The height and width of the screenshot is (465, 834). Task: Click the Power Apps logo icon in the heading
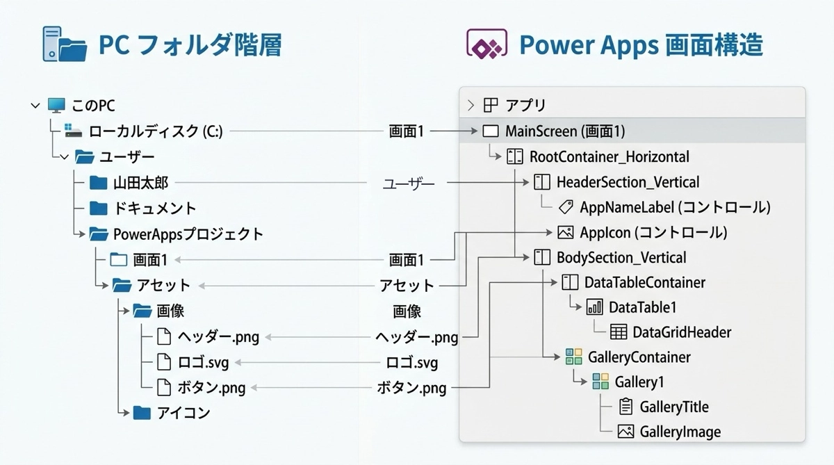pyautogui.click(x=484, y=47)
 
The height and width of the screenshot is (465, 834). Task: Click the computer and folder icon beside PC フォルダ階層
pyautogui.click(x=65, y=45)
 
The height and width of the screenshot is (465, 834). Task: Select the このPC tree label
pyautogui.click(x=93, y=106)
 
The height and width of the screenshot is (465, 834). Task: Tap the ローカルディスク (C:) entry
pyautogui.click(x=156, y=131)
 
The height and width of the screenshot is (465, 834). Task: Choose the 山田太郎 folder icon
pyautogui.click(x=99, y=183)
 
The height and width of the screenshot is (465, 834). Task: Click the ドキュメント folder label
pyautogui.click(x=155, y=208)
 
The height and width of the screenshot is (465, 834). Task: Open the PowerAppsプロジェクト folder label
pyautogui.click(x=188, y=234)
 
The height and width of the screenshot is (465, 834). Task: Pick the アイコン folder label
pyautogui.click(x=173, y=413)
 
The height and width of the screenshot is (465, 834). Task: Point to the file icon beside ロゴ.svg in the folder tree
pyautogui.click(x=163, y=362)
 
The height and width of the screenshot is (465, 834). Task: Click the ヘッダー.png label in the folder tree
pyautogui.click(x=218, y=337)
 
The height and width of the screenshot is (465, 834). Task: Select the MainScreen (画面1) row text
pyautogui.click(x=565, y=131)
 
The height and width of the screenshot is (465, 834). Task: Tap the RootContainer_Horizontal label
pyautogui.click(x=609, y=157)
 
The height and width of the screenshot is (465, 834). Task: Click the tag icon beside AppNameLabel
pyautogui.click(x=566, y=207)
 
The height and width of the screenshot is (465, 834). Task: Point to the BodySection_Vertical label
pyautogui.click(x=621, y=257)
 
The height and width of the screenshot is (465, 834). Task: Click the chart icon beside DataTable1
pyautogui.click(x=595, y=307)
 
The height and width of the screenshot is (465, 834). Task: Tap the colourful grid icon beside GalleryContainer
pyautogui.click(x=573, y=357)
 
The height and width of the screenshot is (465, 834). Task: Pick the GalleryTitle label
pyautogui.click(x=674, y=407)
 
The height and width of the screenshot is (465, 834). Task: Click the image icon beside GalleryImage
pyautogui.click(x=625, y=432)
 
